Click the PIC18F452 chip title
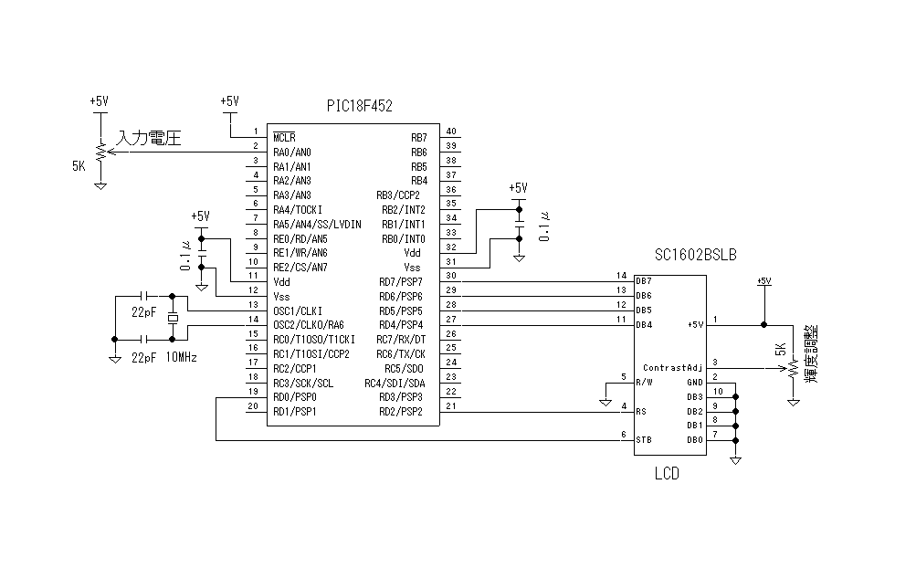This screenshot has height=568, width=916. (360, 106)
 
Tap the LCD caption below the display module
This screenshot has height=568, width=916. (667, 474)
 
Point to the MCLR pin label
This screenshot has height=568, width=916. (284, 137)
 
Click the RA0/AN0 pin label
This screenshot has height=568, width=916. (292, 152)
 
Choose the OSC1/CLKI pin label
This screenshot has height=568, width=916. (297, 310)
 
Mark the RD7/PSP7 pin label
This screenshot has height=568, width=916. (402, 281)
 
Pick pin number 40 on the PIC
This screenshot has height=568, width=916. (451, 131)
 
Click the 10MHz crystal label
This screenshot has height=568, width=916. (183, 357)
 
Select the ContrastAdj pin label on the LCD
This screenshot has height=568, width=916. (671, 367)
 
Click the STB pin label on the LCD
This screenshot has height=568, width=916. (643, 440)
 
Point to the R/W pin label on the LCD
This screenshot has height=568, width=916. (644, 382)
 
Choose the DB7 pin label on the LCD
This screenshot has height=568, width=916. (644, 280)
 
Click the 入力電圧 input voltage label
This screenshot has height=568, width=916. (150, 139)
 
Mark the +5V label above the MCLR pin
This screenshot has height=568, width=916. (229, 101)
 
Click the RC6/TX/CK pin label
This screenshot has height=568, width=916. (401, 353)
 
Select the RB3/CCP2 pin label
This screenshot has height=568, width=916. (398, 195)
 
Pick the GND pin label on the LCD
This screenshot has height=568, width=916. (695, 382)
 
